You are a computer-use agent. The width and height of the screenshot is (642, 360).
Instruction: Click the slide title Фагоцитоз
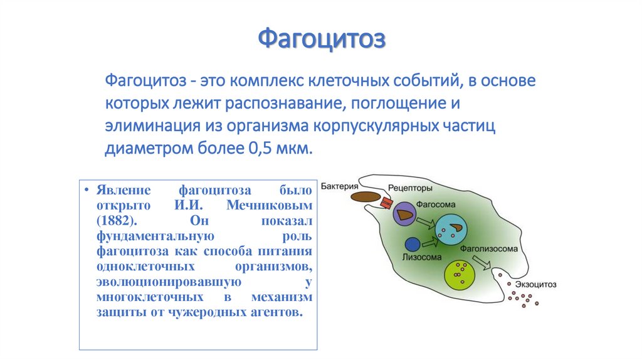click(322, 39)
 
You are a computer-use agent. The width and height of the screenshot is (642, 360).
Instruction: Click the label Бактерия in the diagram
click(339, 186)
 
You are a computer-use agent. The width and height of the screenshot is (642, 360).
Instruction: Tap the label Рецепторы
click(410, 188)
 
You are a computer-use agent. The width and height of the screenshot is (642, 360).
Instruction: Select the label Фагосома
click(436, 204)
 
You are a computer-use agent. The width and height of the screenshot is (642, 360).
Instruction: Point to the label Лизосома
click(422, 257)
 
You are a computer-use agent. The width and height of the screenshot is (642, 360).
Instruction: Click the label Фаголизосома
click(489, 248)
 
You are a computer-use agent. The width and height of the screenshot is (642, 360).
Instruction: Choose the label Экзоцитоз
click(535, 284)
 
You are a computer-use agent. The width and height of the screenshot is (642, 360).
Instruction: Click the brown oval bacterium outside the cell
click(366, 197)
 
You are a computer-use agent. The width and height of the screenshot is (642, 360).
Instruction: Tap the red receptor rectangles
click(386, 203)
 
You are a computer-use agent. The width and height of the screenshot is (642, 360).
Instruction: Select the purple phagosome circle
click(404, 213)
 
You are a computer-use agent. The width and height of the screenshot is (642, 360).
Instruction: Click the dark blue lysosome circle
click(413, 245)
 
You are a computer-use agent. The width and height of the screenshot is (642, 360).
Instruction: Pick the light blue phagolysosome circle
click(451, 230)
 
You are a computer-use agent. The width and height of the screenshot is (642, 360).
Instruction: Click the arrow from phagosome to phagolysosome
click(426, 223)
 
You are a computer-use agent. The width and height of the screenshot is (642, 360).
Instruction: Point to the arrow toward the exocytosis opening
click(481, 263)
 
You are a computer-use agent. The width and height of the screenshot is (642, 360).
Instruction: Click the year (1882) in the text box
click(117, 221)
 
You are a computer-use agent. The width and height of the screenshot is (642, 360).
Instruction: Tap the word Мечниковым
click(270, 205)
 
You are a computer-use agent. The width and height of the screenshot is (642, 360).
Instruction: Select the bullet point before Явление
click(87, 189)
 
